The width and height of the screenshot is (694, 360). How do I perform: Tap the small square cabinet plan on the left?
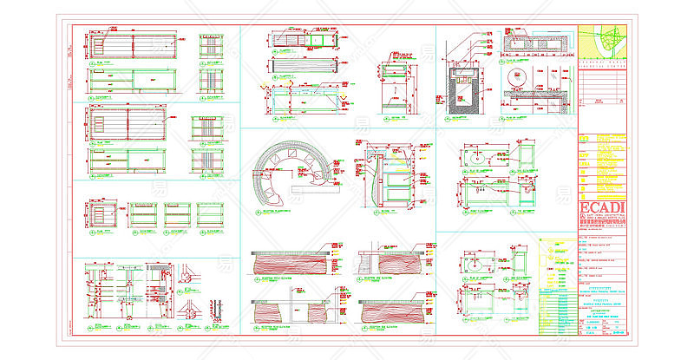coord(101,212)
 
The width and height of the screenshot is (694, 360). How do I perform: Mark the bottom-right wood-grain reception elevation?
coord(390,311)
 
